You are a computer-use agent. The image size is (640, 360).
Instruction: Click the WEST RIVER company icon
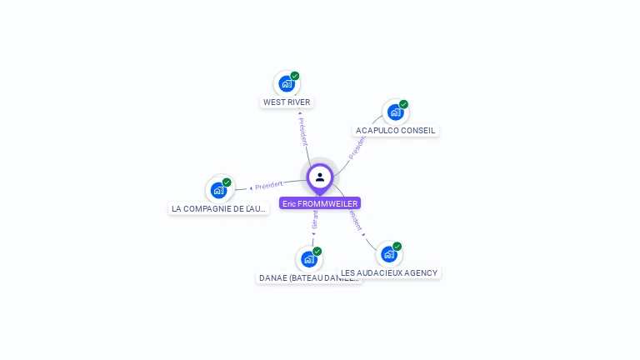287,83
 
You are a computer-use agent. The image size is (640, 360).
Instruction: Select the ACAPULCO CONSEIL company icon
395,112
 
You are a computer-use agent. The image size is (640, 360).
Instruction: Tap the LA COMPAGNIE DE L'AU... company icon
218,190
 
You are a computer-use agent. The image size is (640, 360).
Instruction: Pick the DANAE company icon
309,259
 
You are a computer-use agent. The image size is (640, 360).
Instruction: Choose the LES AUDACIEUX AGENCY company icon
389,254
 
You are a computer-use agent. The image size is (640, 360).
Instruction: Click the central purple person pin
320,177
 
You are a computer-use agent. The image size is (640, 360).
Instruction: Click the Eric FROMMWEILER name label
320,203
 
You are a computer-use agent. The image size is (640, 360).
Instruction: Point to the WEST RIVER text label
287,102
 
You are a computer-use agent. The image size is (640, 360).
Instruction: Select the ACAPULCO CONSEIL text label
396,131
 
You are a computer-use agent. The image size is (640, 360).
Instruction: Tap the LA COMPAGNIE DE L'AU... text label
219,209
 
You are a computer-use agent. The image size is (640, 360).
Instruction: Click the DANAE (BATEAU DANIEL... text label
309,278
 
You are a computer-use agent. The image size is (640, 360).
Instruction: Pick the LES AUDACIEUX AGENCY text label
389,273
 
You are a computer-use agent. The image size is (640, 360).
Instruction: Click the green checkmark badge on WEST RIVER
295,76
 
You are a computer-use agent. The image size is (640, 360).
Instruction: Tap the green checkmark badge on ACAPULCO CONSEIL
403,104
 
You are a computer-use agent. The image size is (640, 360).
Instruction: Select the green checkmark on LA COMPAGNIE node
227,182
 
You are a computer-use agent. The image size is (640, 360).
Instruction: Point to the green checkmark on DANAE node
317,252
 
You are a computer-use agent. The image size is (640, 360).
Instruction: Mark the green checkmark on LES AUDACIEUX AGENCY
397,247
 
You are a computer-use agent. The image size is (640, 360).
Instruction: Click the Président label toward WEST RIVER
302,131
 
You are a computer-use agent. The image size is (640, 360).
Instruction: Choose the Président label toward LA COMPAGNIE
268,185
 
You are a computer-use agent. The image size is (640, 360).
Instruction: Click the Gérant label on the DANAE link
314,221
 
